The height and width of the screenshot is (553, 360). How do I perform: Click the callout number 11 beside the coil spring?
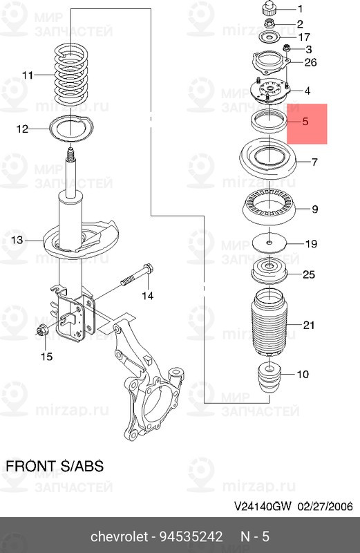[x=28, y=75]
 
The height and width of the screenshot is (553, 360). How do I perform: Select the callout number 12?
[x=22, y=129]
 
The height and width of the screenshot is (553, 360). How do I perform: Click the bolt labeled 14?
[x=137, y=275]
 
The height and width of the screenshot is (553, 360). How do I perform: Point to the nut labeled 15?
[x=41, y=330]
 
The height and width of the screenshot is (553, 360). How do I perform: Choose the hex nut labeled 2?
[x=269, y=24]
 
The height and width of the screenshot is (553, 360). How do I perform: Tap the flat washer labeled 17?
[x=269, y=37]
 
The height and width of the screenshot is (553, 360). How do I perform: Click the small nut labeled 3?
[x=286, y=48]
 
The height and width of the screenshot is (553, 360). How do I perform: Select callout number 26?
[x=310, y=62]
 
